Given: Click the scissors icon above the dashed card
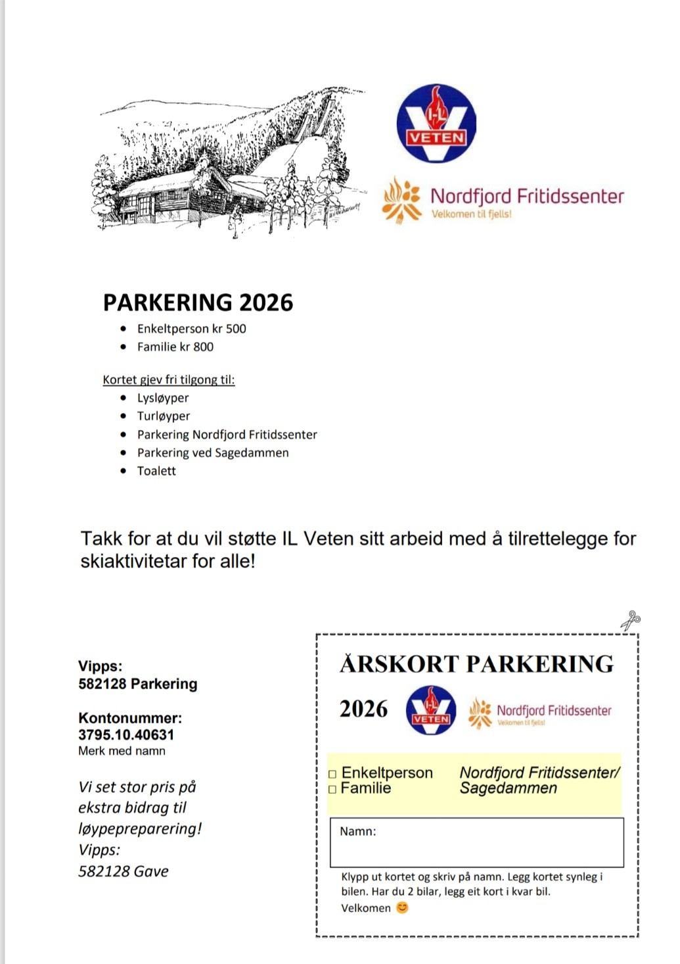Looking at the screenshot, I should (631, 619).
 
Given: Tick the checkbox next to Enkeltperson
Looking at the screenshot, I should (332, 774).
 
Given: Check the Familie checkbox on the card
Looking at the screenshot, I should (332, 789).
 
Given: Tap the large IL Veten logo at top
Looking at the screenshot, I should (436, 124).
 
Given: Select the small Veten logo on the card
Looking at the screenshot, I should (431, 710).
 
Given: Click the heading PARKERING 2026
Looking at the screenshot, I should (198, 302).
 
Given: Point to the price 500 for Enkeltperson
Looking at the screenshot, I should (236, 329).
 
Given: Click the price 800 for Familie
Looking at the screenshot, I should (203, 347).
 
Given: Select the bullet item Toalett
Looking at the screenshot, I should (156, 471).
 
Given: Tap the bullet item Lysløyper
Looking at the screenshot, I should (163, 398).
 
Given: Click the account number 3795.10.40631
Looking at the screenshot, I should (126, 735).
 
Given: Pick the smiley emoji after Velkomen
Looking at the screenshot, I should (402, 907).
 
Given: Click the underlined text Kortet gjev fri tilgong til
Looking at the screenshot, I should (168, 379).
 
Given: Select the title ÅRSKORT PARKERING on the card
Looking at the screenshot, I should (476, 664).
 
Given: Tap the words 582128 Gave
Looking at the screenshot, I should (124, 871).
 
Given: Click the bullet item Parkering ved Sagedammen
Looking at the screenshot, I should (213, 453).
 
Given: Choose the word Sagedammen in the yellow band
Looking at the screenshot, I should (508, 788).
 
